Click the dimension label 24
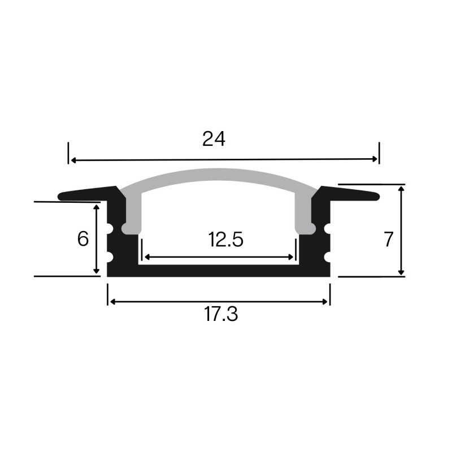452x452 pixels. coord(214,139)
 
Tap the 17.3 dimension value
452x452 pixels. coord(221,315)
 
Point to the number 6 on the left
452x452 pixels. coord(83,239)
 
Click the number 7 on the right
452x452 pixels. coord(388,240)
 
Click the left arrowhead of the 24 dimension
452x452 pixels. coord(72,160)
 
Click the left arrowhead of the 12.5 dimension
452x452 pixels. coord(146,257)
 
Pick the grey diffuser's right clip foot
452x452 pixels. coord(306,228)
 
